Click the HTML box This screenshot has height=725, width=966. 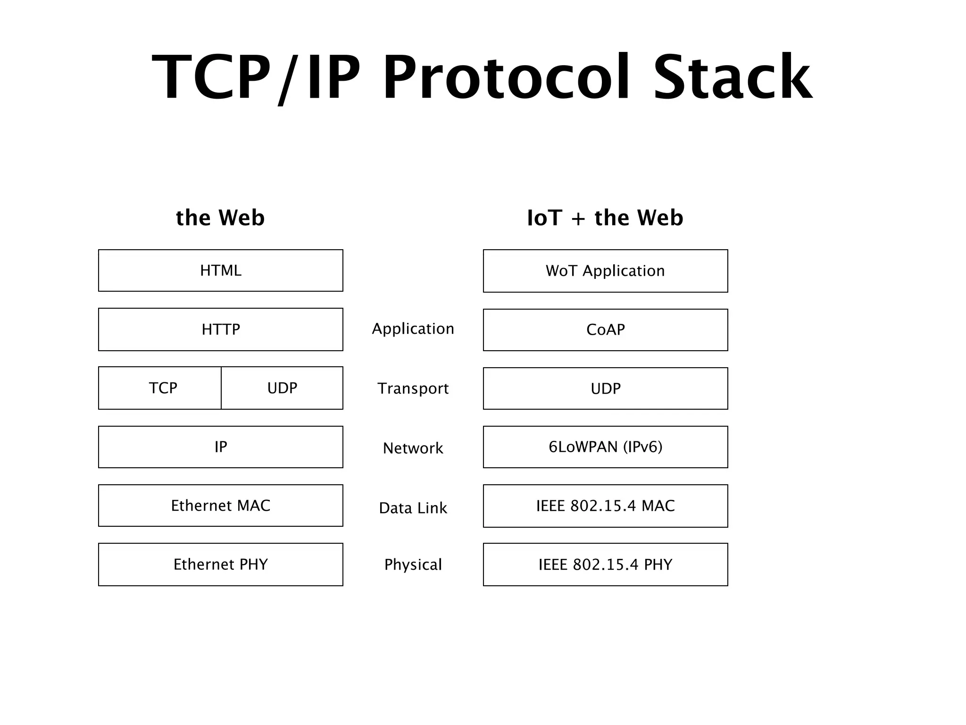220,270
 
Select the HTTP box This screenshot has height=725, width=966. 220,329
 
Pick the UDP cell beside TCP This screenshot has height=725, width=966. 282,388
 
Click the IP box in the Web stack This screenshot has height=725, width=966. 220,447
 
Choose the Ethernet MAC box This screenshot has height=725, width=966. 220,506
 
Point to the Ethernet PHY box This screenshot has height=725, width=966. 220,565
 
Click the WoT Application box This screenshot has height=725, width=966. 605,271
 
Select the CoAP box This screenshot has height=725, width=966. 605,330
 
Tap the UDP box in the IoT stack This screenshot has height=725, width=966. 605,388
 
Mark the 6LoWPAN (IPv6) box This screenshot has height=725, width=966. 605,447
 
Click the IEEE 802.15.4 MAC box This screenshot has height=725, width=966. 605,506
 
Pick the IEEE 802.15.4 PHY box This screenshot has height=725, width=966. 605,565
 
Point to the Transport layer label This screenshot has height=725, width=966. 413,388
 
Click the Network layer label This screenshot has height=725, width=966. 413,448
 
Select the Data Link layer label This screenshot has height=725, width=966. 413,508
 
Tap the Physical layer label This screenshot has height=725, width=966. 413,565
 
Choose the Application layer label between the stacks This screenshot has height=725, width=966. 413,329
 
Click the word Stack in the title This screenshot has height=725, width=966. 733,78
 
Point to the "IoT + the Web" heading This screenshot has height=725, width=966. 605,218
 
